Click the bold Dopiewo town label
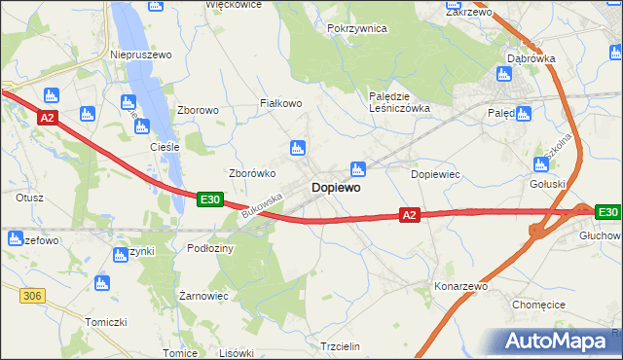point(336,187)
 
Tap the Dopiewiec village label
point(435,174)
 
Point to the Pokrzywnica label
point(357,29)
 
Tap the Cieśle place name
point(165,147)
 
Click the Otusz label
point(30,197)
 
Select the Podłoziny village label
point(210,248)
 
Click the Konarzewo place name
point(460,288)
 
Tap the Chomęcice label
point(539,305)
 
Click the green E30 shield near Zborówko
point(210,199)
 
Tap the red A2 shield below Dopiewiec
point(409,215)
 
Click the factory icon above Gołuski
point(542,164)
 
